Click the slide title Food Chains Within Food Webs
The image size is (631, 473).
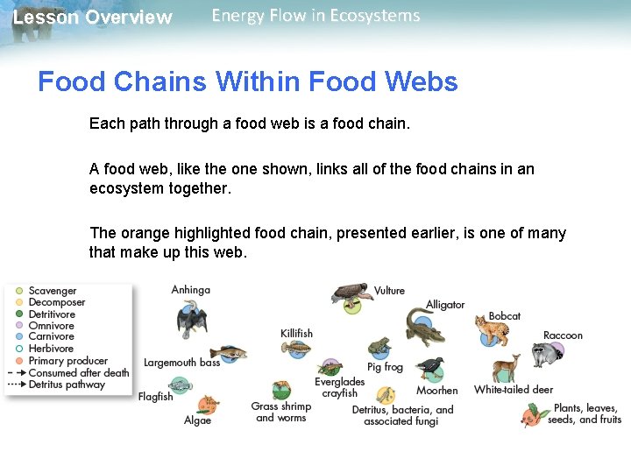[247, 82]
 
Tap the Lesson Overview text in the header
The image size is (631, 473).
[92, 18]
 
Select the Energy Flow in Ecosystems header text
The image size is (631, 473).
[315, 16]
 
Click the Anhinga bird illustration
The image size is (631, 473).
[190, 319]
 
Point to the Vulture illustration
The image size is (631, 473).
[351, 297]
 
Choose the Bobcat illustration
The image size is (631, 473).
[491, 334]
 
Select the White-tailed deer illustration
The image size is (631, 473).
[506, 369]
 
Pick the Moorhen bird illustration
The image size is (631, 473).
[431, 369]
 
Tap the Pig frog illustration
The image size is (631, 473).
[379, 347]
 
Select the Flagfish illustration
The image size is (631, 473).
[180, 384]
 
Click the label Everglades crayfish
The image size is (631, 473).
[339, 387]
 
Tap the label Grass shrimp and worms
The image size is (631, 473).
[280, 412]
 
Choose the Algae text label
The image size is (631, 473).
[197, 420]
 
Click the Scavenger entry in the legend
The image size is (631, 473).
[53, 291]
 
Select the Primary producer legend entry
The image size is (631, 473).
[67, 361]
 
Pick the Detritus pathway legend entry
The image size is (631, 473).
[67, 385]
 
